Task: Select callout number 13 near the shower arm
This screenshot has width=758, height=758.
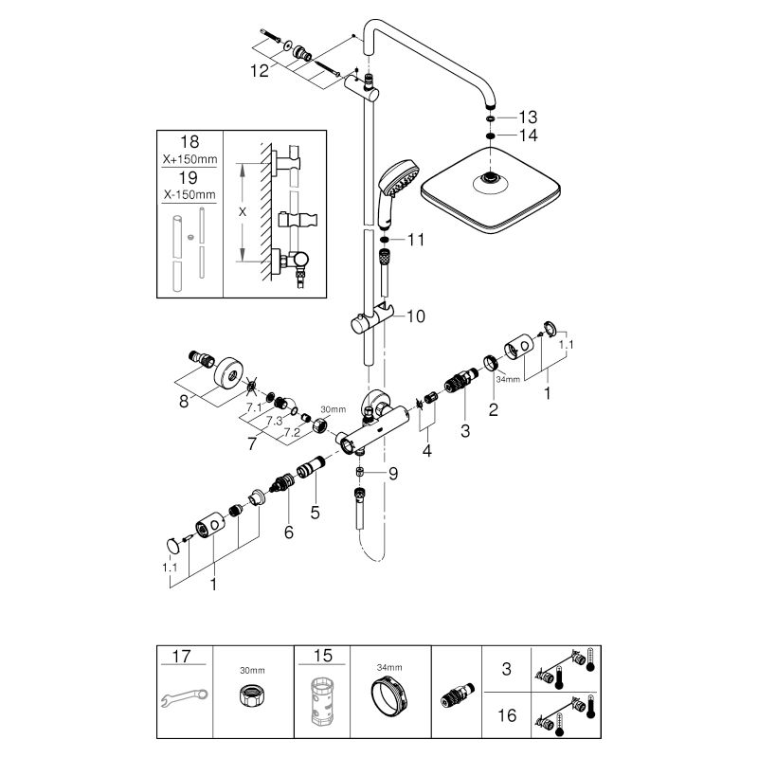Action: [x=527, y=117]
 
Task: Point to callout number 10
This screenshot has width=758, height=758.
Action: [x=415, y=317]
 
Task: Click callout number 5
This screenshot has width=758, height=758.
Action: [x=316, y=513]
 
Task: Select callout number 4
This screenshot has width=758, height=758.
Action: [x=426, y=453]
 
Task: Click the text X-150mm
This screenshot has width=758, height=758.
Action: [x=189, y=194]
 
